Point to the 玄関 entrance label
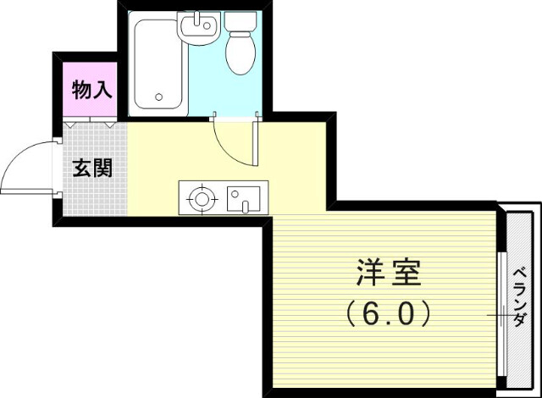point(92,167)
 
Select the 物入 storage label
point(91,91)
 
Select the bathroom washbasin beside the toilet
point(198,30)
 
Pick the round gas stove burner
point(202,200)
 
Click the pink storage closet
point(91,91)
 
